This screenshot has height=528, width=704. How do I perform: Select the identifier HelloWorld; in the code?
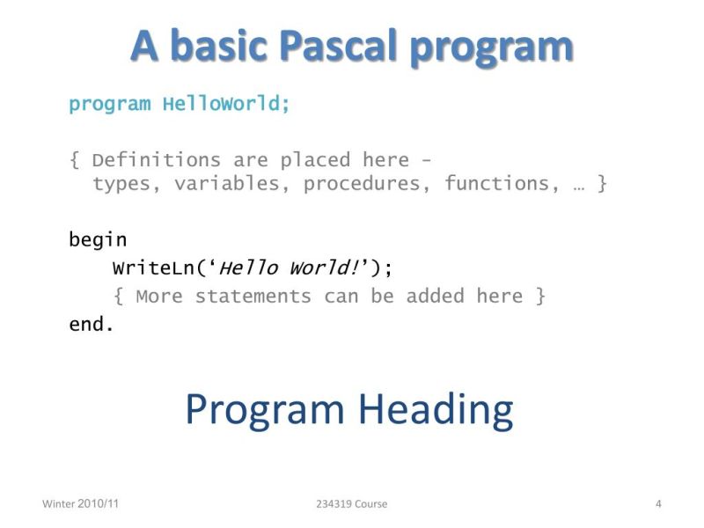tap(226, 104)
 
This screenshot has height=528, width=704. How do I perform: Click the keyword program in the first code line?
tap(109, 104)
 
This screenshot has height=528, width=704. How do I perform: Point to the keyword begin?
tap(98, 239)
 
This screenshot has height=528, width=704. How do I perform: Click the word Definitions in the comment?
tap(156, 160)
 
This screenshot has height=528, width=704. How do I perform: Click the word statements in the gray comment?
tap(253, 296)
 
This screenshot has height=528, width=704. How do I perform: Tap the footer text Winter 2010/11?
tap(80, 503)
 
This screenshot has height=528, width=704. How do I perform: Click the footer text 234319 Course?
tap(351, 503)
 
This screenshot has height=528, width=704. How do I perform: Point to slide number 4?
tap(658, 503)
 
